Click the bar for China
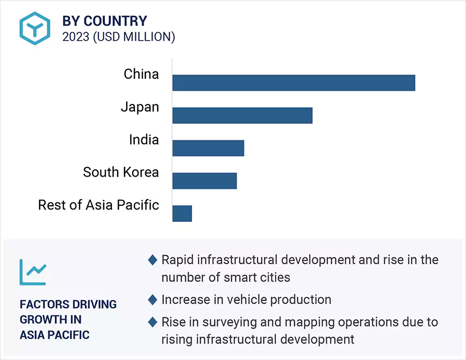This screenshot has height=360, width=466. point(294,83)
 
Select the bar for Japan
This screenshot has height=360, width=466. point(242,115)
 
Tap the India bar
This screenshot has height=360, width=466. point(208,148)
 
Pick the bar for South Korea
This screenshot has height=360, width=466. point(205,181)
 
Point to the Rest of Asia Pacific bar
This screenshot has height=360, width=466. point(182,213)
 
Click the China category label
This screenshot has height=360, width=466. point(141,75)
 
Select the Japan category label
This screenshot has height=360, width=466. point(140,107)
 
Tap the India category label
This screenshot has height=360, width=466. point(144,140)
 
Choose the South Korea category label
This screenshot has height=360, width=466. point(121,172)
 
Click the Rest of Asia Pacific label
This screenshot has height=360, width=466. point(98,205)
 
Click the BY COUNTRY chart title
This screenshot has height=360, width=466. point(105,21)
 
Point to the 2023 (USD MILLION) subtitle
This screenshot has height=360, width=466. point(119,37)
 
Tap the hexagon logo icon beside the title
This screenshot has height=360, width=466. point(35,28)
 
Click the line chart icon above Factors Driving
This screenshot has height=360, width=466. point(33,272)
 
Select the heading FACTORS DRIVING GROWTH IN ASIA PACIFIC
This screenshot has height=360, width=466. point(68,319)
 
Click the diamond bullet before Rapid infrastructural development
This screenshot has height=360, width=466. point(153,259)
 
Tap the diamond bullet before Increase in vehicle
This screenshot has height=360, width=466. point(153,300)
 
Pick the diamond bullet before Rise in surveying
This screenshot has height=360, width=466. point(153,322)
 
